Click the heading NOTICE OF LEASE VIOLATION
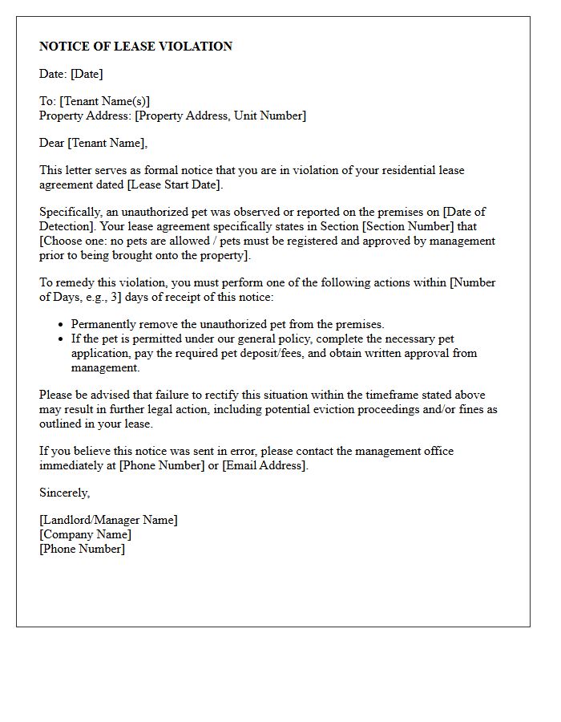pyautogui.click(x=135, y=47)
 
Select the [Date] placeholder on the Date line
pyautogui.click(x=87, y=74)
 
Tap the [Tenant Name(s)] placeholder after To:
pyautogui.click(x=105, y=101)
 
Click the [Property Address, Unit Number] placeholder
pyautogui.click(x=220, y=116)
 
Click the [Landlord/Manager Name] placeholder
pyautogui.click(x=108, y=520)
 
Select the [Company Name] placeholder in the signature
pyautogui.click(x=85, y=534)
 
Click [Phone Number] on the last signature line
pyautogui.click(x=82, y=549)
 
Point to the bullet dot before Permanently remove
pyautogui.click(x=61, y=325)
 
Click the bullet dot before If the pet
pyautogui.click(x=61, y=339)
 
